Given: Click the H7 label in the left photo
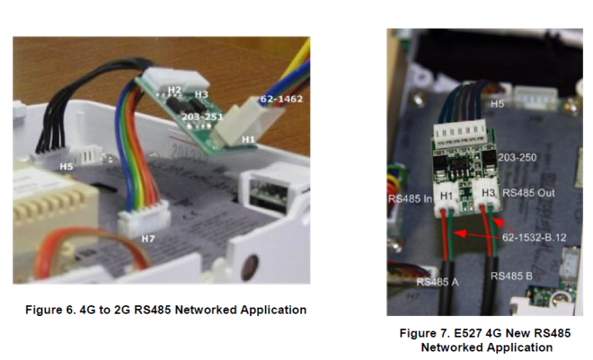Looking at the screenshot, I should coord(148,239).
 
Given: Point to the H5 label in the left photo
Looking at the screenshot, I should coord(68,165).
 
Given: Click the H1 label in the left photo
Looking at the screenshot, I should coord(248,138).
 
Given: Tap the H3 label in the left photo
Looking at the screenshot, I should coord(202,94).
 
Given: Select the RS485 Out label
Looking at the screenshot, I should coord(529,192).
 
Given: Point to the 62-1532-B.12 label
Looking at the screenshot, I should coord(534,237).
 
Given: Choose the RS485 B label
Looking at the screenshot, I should coord(512,274).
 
